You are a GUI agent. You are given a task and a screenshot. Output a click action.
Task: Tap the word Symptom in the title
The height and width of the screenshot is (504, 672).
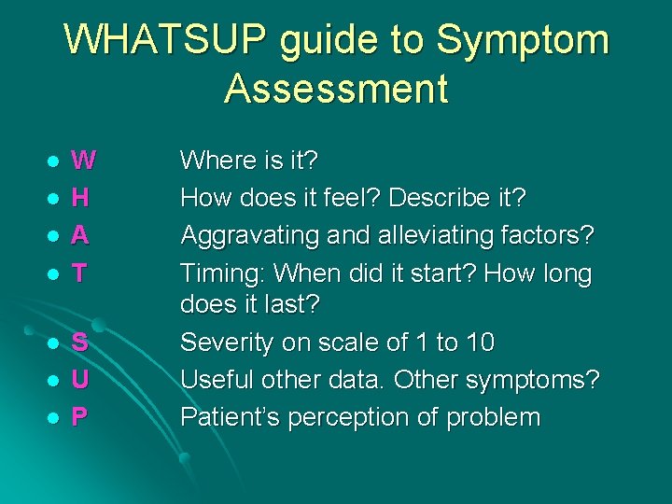[x=523, y=41]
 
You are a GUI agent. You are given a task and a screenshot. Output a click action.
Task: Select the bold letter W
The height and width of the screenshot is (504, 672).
[x=83, y=161]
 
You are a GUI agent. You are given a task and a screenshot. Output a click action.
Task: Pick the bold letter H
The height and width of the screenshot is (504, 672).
[x=81, y=198]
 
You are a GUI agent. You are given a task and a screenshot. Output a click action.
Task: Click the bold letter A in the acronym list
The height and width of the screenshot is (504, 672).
[x=81, y=235]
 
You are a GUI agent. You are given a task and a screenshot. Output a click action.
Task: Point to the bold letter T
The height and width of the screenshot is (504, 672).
[x=80, y=273]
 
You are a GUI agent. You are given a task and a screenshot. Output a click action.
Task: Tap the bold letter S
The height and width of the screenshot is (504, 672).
[x=80, y=343]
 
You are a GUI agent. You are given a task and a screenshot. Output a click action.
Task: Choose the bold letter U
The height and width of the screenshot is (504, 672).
[x=81, y=380]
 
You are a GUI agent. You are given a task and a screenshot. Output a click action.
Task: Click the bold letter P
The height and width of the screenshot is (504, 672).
[x=80, y=416]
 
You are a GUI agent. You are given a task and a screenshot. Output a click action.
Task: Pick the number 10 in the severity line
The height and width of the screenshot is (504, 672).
[x=479, y=343]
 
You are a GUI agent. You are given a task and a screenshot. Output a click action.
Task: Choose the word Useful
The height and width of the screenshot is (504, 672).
[x=217, y=380]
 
